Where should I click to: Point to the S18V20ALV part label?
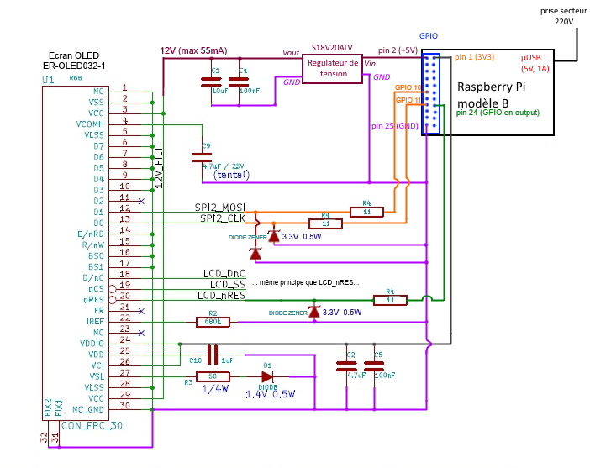tap(332, 49)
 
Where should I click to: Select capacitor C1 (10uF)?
tap(209, 82)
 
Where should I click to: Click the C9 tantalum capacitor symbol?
tap(202, 155)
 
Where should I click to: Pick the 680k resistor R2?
tap(213, 321)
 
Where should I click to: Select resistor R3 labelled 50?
tap(213, 376)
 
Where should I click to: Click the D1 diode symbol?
tap(267, 376)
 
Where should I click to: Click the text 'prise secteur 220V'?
tap(564, 16)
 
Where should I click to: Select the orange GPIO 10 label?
tap(408, 87)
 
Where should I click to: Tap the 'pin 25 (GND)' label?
tap(395, 126)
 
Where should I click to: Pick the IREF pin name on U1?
tap(94, 321)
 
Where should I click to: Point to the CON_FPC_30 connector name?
tap(94, 426)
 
